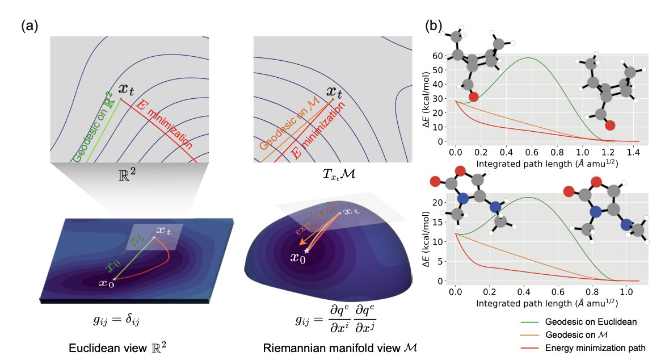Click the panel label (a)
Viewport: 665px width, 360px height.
tap(29, 26)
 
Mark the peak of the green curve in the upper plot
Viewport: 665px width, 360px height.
tap(528, 58)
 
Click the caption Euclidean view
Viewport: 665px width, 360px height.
tap(112, 348)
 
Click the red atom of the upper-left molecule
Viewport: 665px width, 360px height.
tap(473, 97)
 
